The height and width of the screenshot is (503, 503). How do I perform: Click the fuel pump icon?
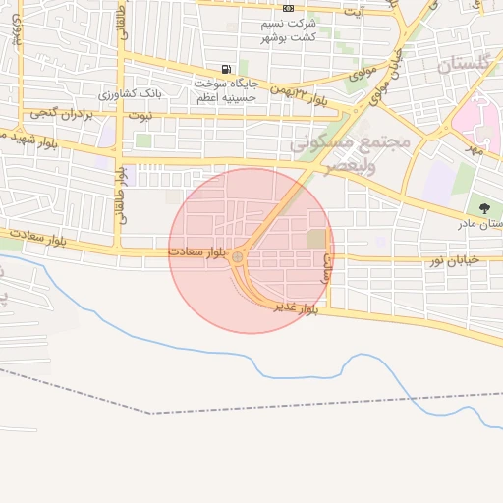click(x=228, y=69)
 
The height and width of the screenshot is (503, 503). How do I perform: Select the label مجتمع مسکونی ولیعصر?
click(x=348, y=151)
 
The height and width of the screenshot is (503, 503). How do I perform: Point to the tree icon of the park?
click(x=484, y=207)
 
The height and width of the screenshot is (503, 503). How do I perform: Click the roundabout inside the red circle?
click(x=239, y=257)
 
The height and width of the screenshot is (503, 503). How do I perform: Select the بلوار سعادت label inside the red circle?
click(x=196, y=252)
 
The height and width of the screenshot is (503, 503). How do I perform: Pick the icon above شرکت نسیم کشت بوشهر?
click(x=288, y=7)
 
